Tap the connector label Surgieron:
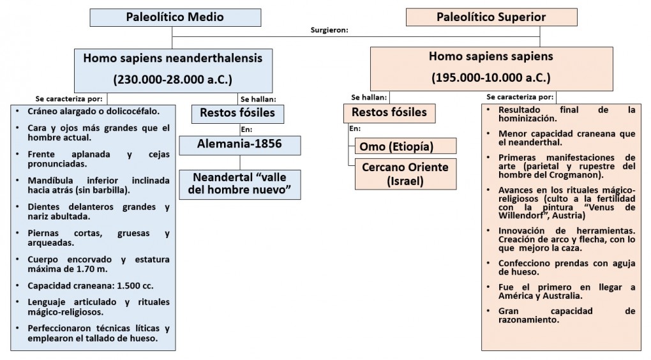click(x=329, y=31)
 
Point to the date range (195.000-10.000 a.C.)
click(x=491, y=77)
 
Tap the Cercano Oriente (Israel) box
click(x=405, y=174)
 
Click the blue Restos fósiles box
click(x=237, y=114)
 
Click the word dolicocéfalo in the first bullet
click(x=130, y=110)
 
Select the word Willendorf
click(x=523, y=215)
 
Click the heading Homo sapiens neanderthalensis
click(x=172, y=58)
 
